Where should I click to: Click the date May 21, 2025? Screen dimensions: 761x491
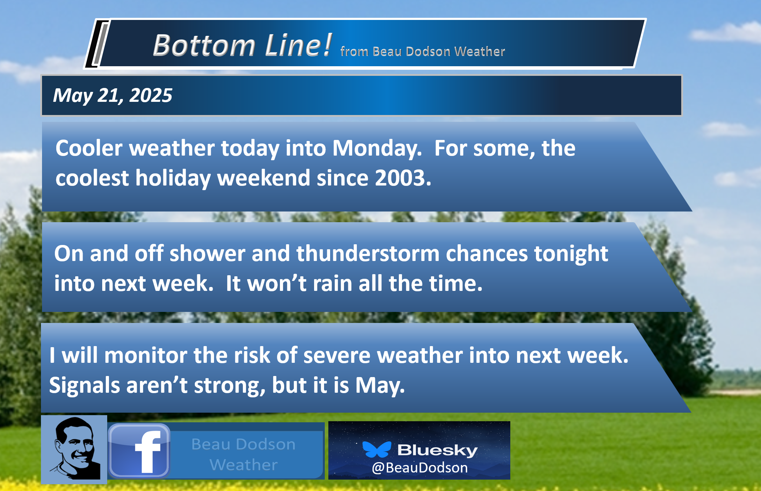(x=113, y=95)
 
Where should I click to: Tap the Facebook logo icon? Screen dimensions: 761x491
(x=139, y=451)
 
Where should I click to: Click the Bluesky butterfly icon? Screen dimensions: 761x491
(x=377, y=449)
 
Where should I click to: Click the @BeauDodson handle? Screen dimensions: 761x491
(x=419, y=468)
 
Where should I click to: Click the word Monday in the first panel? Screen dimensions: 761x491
(x=377, y=148)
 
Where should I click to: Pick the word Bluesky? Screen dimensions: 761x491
(x=437, y=450)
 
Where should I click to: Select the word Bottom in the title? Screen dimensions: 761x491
(x=204, y=46)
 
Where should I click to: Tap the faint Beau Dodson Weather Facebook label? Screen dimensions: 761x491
(x=244, y=454)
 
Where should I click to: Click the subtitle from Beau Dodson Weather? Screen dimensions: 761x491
(x=423, y=52)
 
